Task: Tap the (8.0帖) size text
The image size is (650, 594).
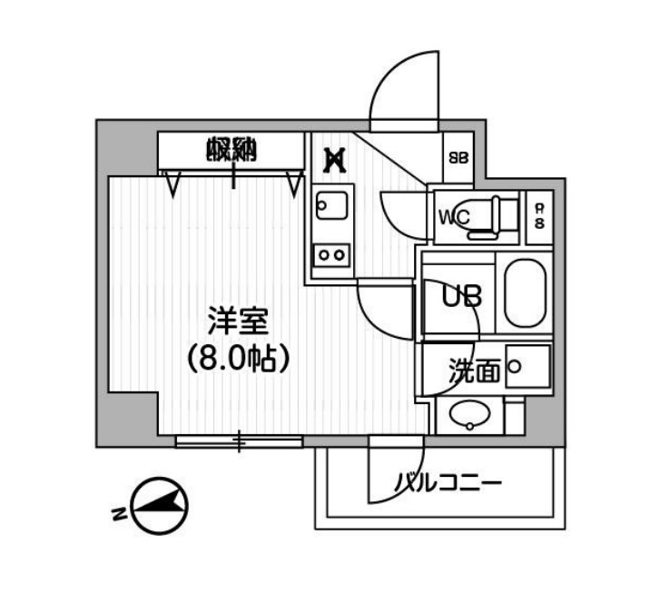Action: click(x=238, y=359)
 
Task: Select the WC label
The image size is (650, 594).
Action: click(x=453, y=217)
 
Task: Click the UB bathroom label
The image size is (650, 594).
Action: click(x=461, y=296)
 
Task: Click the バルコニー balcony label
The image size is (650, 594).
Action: click(x=447, y=482)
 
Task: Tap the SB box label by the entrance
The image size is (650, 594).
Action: click(x=458, y=156)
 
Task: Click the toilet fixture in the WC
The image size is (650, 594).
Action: click(x=491, y=218)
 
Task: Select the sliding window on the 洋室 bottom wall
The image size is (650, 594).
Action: click(x=239, y=442)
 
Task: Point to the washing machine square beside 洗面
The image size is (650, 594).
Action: click(x=527, y=367)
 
